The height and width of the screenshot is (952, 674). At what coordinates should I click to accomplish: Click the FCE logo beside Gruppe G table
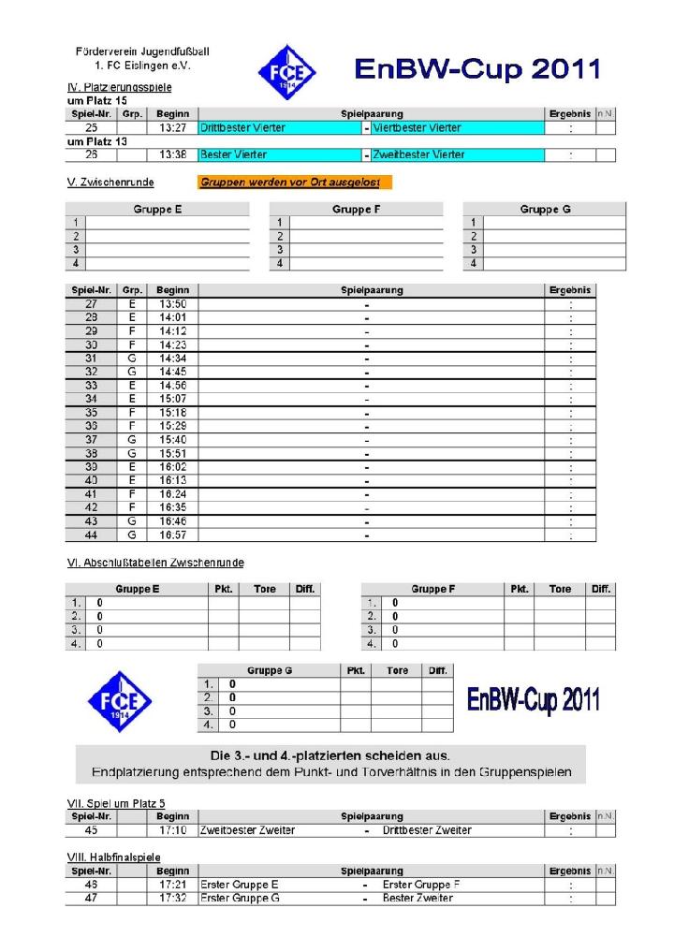119,700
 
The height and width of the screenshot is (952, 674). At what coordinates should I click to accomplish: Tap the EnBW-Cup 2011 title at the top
476,68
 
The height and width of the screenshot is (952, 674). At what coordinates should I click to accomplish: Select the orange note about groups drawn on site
296,183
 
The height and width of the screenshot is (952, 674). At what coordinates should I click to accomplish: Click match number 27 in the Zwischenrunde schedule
91,304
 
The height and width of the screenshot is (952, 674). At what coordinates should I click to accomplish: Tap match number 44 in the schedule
91,535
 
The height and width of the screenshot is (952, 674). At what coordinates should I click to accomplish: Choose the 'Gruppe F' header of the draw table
355,210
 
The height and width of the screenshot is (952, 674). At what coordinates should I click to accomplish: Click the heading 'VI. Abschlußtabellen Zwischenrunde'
155,563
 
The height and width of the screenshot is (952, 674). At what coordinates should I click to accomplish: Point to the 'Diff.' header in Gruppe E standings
304,590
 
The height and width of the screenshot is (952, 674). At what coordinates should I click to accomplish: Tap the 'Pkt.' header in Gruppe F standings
520,590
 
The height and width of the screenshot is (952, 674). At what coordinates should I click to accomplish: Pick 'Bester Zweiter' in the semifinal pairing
418,899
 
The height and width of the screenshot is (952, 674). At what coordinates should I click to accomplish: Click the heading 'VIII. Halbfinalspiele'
114,857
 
